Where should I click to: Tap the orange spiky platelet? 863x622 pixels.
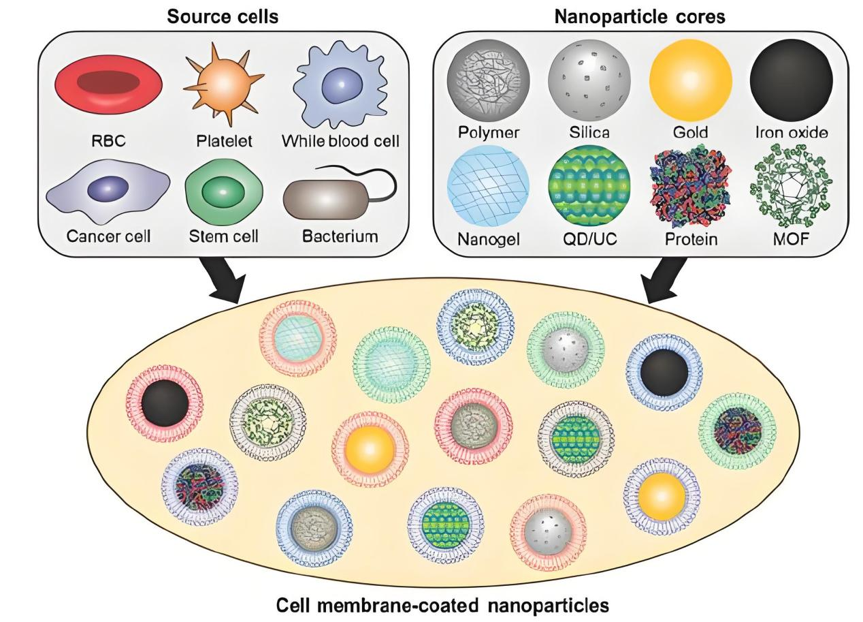point(223,84)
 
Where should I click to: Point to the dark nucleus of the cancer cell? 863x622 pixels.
point(108,189)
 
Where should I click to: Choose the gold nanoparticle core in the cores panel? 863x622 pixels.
point(690,80)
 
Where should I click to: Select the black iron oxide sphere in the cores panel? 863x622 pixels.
point(792,80)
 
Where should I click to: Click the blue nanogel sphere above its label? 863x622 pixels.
point(488,186)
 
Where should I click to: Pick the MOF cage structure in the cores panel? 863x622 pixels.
point(792,185)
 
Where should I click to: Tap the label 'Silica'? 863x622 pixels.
point(589,133)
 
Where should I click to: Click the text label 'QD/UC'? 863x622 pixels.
point(590,240)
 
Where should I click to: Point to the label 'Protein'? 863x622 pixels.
point(691,240)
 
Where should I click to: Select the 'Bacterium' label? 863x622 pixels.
point(340,236)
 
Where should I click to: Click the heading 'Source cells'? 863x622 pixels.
point(223,17)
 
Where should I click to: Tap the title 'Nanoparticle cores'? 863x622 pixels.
point(640,17)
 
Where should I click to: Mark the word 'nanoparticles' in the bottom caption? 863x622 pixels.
point(549,606)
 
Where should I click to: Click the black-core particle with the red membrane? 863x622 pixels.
point(165,403)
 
